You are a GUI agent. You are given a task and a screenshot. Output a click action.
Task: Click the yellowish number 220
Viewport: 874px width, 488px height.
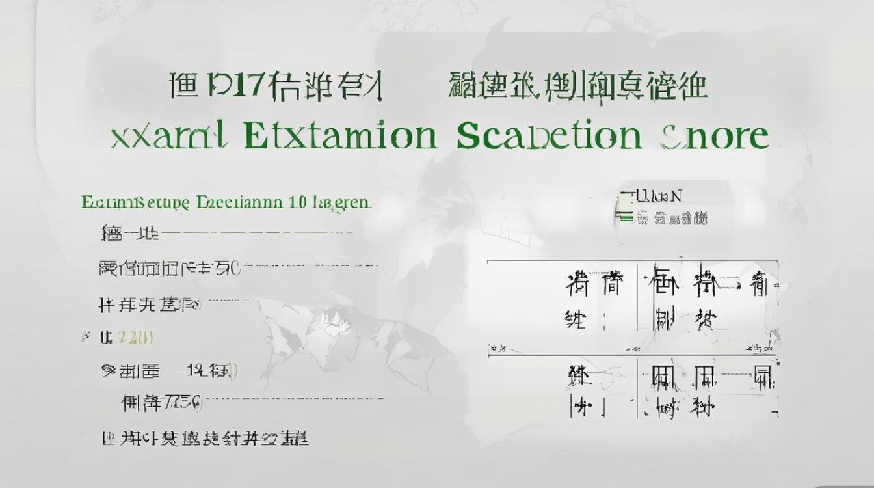click(135, 337)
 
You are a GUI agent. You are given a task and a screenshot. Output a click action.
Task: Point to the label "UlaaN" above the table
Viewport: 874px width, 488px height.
click(657, 195)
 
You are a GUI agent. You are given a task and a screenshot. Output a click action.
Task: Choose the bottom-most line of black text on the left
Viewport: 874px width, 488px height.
click(205, 438)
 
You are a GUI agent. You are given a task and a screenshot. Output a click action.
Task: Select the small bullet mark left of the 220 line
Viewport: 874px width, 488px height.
click(85, 336)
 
